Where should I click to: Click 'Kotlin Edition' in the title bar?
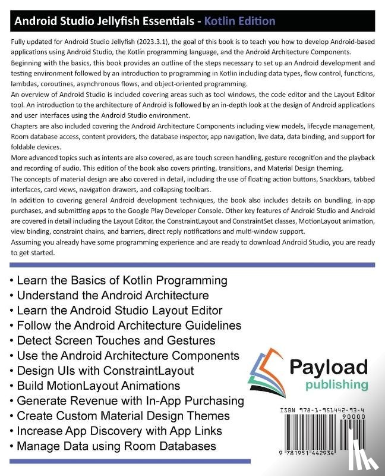coord(239,21)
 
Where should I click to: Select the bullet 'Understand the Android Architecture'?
coord(109,295)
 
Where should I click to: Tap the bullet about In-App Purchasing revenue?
coord(128,400)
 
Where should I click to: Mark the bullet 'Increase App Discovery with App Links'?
coord(119,431)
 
